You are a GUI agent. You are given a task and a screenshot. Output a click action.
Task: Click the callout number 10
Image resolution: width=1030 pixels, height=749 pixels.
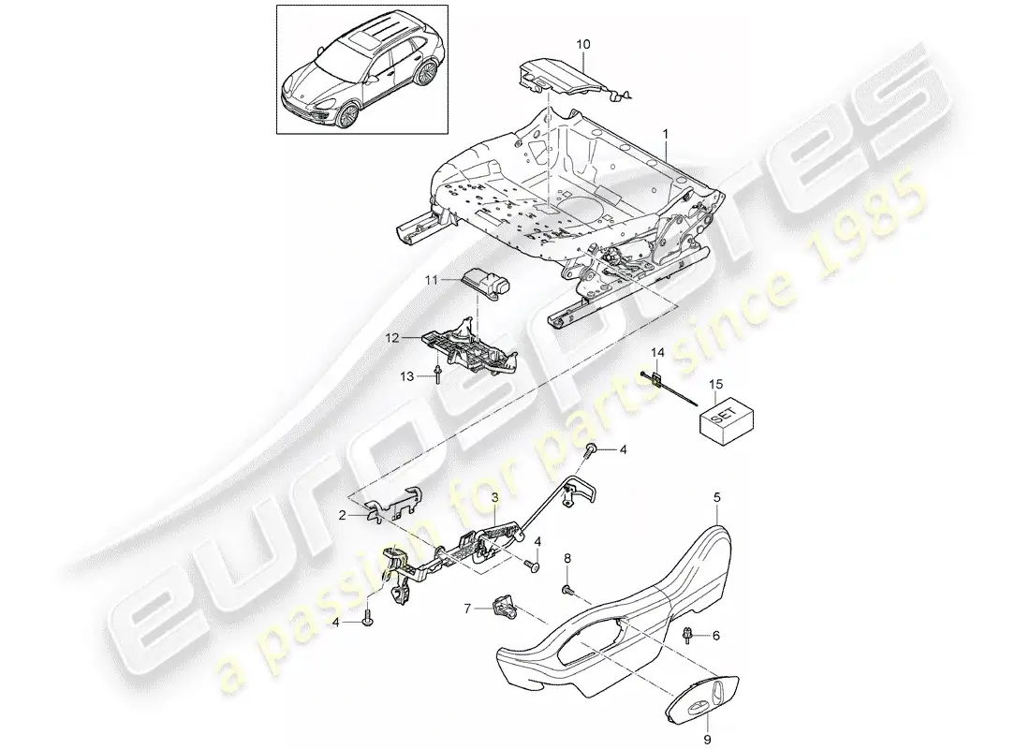(583, 45)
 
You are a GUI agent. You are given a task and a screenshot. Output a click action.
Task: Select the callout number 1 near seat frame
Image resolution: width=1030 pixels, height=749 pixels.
(666, 133)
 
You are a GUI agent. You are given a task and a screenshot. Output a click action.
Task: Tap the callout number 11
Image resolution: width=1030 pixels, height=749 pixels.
(431, 280)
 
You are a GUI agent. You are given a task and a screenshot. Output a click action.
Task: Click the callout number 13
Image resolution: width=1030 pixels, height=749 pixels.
(407, 375)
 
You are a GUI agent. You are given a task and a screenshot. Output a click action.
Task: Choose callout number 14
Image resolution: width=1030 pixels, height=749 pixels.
(657, 353)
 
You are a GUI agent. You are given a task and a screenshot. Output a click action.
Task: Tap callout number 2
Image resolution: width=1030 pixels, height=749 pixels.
(342, 516)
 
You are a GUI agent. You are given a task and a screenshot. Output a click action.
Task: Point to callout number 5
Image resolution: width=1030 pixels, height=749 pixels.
(716, 498)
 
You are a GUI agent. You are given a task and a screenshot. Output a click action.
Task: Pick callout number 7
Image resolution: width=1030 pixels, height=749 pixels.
(467, 609)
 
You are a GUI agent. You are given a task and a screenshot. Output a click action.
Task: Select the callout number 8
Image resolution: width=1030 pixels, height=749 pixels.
(567, 558)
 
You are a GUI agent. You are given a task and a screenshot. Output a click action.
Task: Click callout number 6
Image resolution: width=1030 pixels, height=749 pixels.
(716, 636)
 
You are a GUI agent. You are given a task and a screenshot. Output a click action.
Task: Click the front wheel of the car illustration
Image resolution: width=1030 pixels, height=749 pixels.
(346, 116)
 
